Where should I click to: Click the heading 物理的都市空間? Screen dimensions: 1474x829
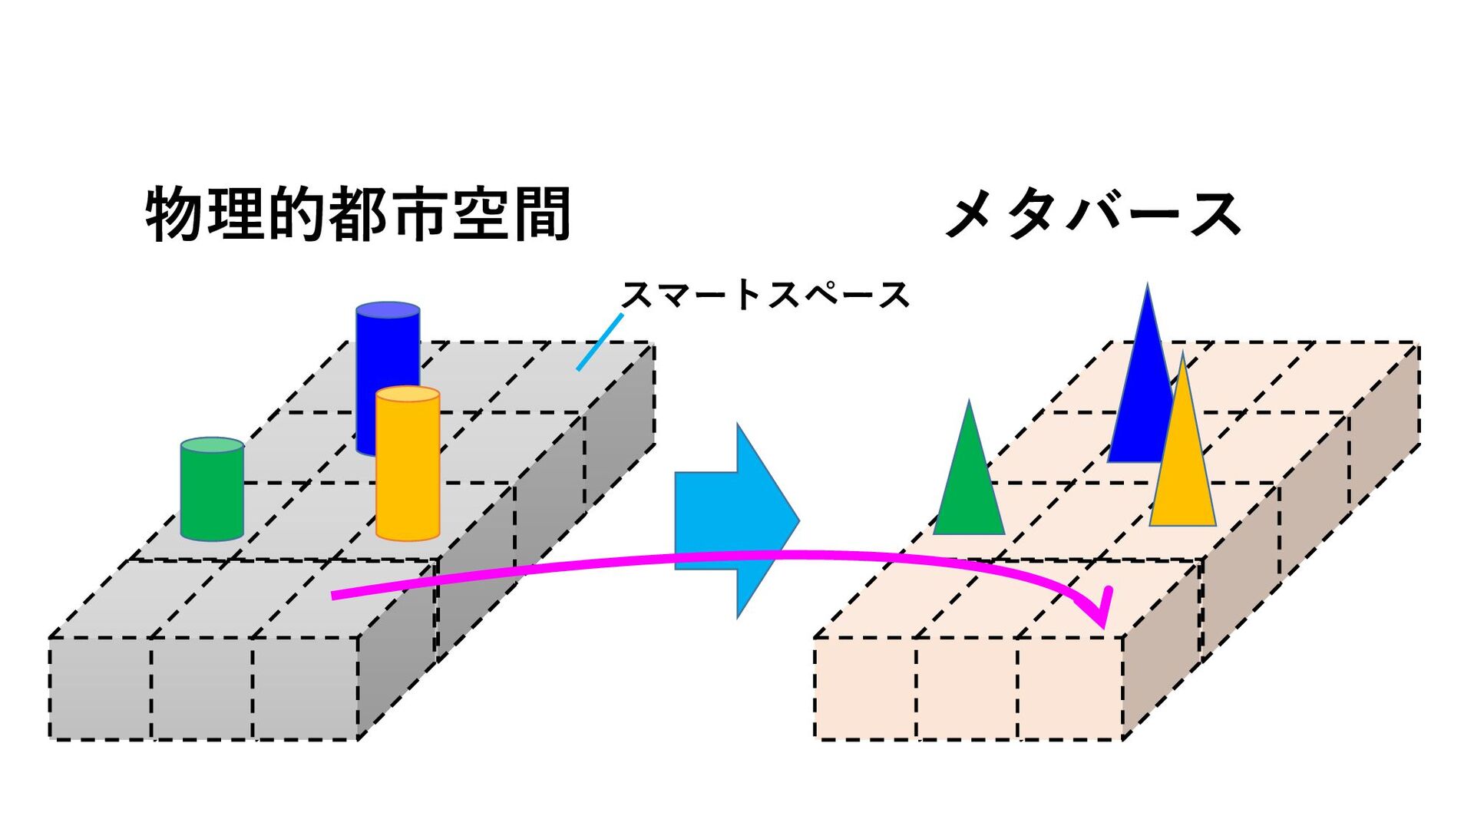click(358, 214)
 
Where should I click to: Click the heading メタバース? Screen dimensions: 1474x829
click(1093, 214)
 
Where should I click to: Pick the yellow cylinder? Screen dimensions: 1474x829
click(408, 468)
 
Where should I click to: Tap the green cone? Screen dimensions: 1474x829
click(969, 484)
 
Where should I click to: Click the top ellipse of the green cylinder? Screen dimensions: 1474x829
click(212, 446)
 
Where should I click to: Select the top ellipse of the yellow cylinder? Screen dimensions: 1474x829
click(408, 395)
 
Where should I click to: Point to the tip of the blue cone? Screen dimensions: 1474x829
click(1148, 287)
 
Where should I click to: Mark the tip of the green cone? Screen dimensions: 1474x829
click(969, 403)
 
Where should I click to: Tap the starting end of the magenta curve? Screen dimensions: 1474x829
click(335, 595)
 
